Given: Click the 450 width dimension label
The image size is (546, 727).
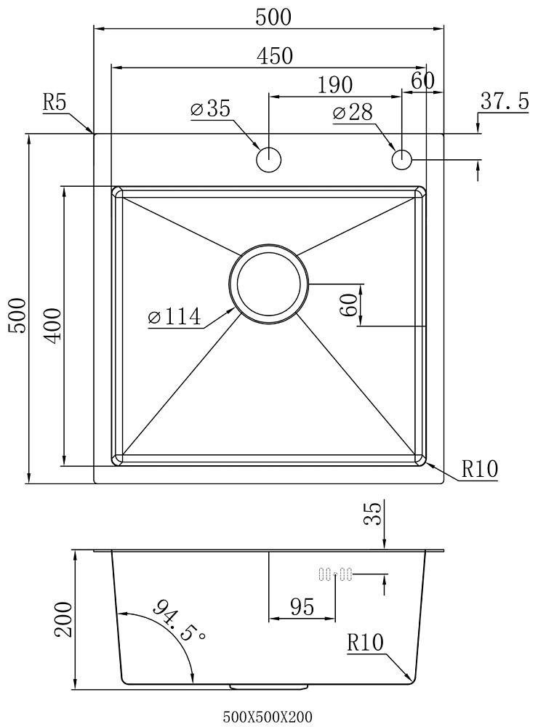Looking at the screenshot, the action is (274, 56).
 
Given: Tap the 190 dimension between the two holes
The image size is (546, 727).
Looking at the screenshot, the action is (334, 85).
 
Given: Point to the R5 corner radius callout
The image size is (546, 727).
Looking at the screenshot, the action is (55, 102).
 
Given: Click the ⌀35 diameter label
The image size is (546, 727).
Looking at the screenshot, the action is (210, 109).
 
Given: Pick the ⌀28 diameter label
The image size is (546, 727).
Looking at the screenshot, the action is (353, 112).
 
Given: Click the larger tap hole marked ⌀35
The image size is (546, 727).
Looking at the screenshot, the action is (269, 159).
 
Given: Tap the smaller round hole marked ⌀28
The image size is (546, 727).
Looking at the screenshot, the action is (402, 159).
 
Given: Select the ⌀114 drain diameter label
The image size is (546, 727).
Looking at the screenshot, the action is (174, 317).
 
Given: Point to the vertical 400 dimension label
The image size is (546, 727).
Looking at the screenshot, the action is (53, 326).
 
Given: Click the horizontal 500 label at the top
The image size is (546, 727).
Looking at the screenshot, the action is (273, 17).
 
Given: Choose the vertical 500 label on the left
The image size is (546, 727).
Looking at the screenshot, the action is (17, 316).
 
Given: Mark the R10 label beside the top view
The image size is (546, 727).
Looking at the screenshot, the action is (479, 469).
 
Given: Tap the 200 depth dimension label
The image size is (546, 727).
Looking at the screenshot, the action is (63, 620).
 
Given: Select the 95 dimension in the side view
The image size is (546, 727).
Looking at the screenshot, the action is (302, 606).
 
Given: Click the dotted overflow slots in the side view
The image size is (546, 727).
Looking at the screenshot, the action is (336, 575).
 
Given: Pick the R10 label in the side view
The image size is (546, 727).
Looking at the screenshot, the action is (366, 643).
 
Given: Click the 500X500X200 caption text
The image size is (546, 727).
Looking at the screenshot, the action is (268, 718).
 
